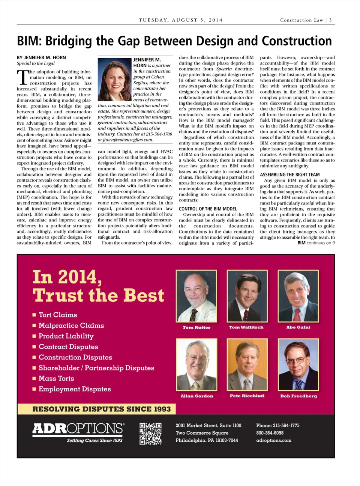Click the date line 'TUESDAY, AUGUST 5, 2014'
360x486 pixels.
[180, 20]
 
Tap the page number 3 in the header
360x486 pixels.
[330, 20]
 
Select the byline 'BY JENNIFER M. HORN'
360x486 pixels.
[41, 57]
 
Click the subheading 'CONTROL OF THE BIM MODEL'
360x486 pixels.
[208, 209]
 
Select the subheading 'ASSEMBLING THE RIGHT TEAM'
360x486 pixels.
[290, 175]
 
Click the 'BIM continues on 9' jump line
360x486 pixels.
[316, 243]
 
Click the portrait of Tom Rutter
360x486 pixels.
[196, 296]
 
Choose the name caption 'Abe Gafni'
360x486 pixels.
[298, 327]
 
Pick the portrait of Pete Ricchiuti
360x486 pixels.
[247, 365]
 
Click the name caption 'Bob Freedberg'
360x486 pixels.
[298, 396]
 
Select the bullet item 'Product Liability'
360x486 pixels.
[66, 336]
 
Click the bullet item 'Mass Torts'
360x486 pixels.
[56, 379]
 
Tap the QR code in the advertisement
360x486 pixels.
[150, 433]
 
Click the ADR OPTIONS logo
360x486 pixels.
[78, 429]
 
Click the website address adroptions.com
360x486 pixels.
[274, 440]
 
